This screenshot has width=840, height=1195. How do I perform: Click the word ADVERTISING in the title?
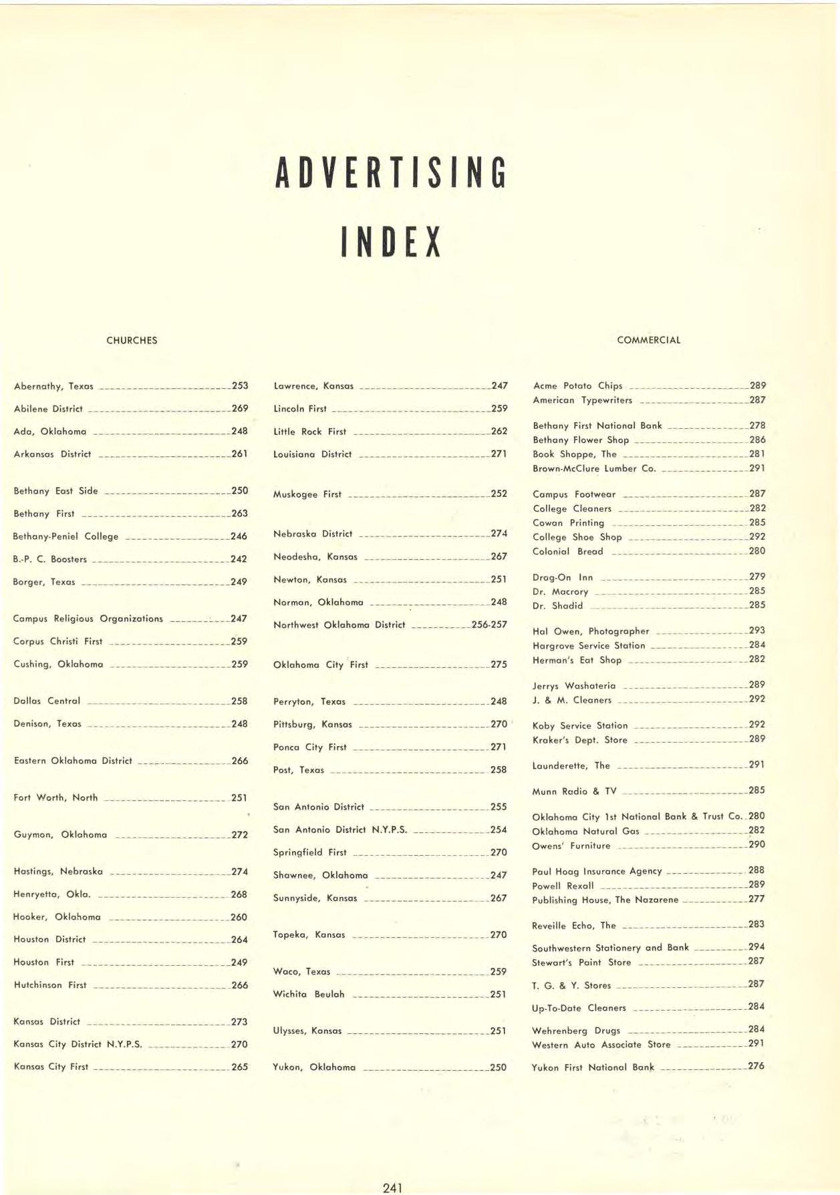click(391, 172)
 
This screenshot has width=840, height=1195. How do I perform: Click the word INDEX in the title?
click(391, 242)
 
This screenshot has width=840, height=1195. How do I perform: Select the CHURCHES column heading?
click(132, 340)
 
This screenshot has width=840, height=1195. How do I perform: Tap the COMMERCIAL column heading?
click(648, 340)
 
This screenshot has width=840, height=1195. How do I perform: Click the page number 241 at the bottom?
click(392, 1188)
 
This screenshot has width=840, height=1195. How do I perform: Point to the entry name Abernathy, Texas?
click(53, 386)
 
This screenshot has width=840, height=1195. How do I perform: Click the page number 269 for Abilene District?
click(239, 408)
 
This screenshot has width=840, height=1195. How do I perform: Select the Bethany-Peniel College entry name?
click(65, 536)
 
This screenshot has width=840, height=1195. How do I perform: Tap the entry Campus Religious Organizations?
click(88, 619)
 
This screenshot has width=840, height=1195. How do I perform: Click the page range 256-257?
click(489, 625)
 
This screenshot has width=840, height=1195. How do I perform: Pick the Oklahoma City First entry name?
click(321, 665)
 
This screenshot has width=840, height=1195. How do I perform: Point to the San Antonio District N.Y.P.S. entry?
click(340, 830)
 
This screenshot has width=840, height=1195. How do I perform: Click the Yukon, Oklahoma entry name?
click(314, 1067)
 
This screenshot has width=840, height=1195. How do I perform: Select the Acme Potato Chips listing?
click(577, 385)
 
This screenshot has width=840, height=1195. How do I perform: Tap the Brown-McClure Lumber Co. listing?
click(594, 468)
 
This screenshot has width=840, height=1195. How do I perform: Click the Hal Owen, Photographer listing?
click(591, 631)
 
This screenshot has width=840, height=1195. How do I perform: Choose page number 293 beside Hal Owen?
click(756, 630)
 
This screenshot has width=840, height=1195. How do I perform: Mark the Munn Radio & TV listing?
click(574, 791)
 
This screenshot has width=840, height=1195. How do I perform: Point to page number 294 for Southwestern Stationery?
click(756, 947)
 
